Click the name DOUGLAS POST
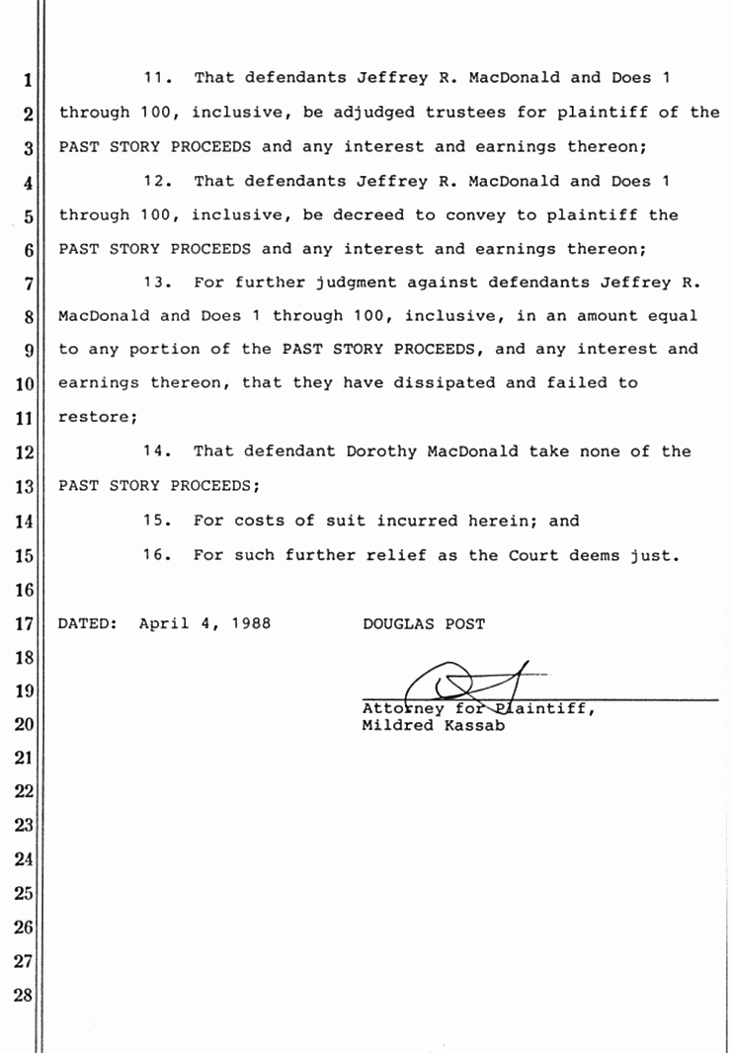pos(424,623)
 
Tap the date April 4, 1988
pos(205,623)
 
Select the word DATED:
pos(88,623)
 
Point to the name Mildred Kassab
pos(435,726)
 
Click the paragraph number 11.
pos(158,77)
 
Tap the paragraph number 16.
pos(158,555)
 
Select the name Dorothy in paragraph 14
pos(381,451)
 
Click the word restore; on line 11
pos(98,417)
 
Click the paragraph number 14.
pos(158,451)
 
